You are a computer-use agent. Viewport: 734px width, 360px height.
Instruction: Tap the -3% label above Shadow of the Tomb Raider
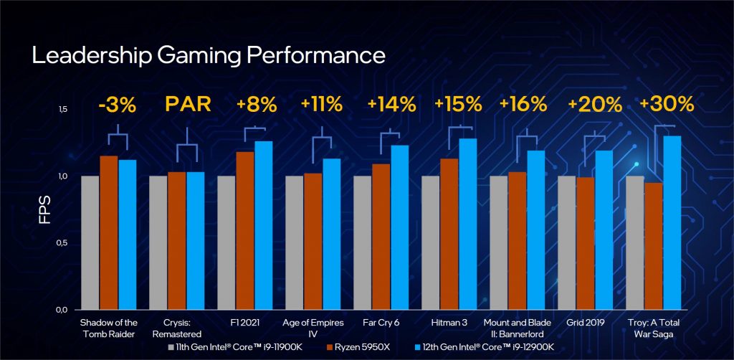(118, 105)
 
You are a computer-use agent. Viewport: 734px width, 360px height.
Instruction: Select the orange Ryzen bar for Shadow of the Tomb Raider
(108, 232)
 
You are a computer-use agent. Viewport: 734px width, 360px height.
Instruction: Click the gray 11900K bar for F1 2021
(226, 242)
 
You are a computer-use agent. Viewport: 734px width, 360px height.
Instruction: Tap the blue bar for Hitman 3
(467, 224)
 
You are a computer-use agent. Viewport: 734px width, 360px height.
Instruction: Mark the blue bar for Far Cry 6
(399, 227)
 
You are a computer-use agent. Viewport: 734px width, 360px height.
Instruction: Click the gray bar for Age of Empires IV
(294, 242)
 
